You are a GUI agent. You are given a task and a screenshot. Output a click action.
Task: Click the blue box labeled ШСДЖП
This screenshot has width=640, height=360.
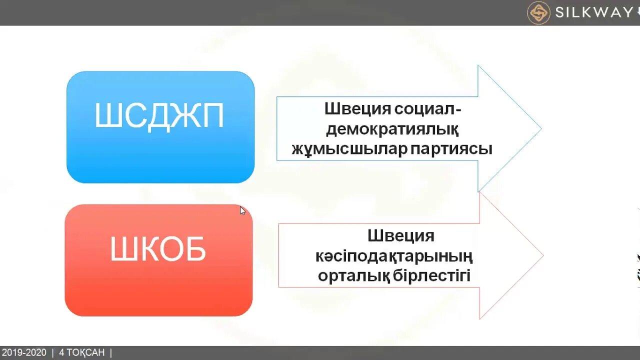[160, 127]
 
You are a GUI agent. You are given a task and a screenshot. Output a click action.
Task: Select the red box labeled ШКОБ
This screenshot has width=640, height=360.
[158, 260]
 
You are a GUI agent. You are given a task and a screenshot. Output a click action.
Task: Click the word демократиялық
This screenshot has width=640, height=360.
[392, 129]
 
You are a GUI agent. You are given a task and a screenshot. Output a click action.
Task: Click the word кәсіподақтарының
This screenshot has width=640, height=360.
[394, 256]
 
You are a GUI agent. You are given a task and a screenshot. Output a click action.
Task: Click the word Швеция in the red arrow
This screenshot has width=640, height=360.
[401, 235]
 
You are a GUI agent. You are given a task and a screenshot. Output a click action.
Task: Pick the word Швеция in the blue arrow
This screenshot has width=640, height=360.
[357, 108]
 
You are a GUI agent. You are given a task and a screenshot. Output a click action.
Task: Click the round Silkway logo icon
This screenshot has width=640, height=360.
[538, 12]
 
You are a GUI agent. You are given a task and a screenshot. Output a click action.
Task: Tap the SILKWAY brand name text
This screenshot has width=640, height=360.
[594, 12]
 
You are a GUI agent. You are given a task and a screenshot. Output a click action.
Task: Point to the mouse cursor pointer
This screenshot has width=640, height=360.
[242, 210]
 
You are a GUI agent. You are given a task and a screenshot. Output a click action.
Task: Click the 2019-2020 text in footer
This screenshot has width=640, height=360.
[24, 353]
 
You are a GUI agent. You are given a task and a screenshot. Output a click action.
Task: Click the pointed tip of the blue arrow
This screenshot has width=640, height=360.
[540, 128]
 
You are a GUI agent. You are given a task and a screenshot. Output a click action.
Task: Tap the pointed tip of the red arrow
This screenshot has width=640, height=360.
[542, 256]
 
